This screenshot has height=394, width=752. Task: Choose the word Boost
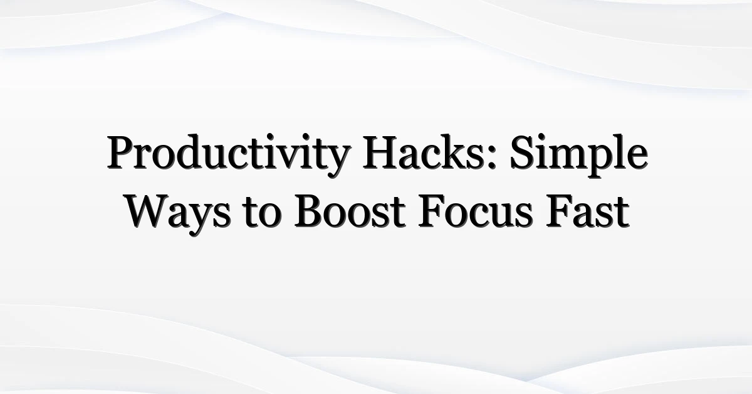(x=350, y=212)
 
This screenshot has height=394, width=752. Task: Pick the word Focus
(x=476, y=212)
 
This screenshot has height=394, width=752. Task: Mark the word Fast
(x=588, y=212)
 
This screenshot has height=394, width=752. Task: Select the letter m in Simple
(x=571, y=157)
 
